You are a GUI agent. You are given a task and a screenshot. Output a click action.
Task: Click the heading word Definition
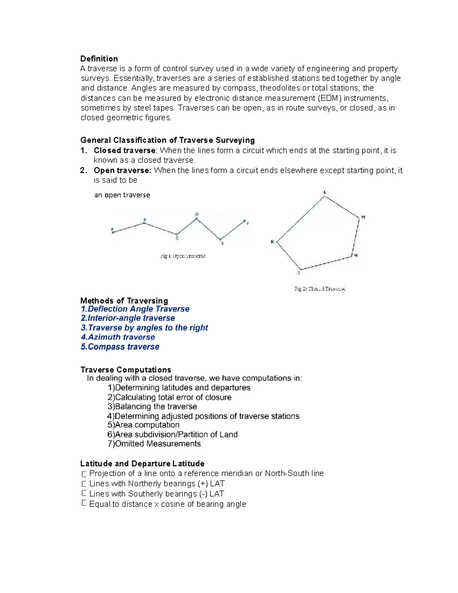point(99,59)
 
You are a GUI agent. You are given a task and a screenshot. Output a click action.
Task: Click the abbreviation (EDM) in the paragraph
point(330,98)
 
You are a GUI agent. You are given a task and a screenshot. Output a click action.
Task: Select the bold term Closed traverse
point(124,150)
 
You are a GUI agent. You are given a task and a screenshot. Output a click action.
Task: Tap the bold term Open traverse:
point(123,170)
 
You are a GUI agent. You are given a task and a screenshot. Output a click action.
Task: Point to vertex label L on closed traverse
point(325,192)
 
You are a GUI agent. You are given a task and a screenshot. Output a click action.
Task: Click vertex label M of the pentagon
point(363,217)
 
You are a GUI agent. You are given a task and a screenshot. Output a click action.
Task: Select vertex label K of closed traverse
point(273,242)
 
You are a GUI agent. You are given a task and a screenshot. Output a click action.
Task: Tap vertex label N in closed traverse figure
point(356,255)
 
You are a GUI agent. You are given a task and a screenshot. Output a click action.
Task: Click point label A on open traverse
point(112,229)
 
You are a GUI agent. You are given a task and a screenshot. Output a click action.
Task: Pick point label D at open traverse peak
point(197,214)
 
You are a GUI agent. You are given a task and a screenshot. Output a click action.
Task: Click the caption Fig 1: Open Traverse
point(183,256)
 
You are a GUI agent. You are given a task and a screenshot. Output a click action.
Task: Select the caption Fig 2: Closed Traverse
point(320,289)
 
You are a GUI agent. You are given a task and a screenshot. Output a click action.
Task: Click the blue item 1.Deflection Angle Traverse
point(135,309)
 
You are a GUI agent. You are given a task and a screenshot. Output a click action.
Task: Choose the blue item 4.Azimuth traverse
point(118,337)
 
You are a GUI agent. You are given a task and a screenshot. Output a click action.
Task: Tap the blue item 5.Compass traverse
point(120,347)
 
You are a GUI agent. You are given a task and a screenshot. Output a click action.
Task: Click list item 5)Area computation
point(144,425)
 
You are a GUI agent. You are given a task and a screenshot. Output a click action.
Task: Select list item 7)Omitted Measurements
point(154,444)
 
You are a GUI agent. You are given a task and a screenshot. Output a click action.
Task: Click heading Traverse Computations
point(126,370)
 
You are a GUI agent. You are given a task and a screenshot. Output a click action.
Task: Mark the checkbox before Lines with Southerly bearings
point(84,494)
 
